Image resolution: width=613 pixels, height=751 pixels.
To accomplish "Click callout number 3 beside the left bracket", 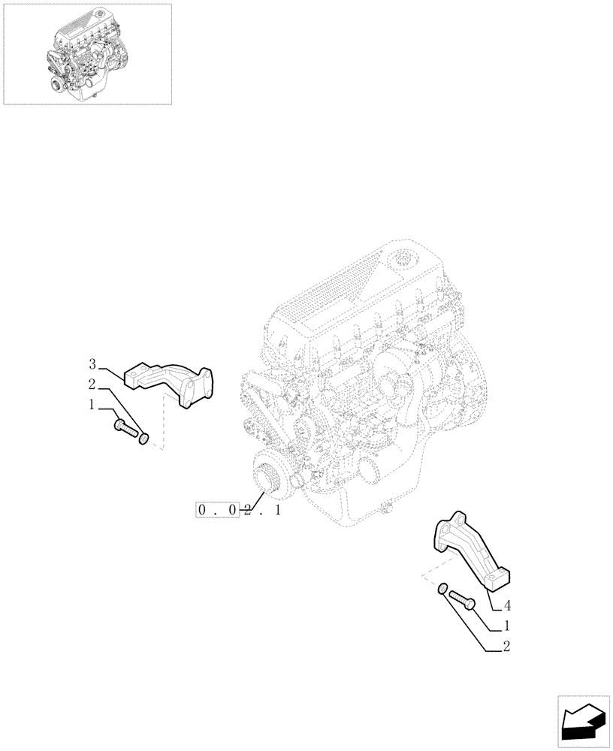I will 92,364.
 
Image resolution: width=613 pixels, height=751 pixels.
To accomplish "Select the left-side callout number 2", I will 92,385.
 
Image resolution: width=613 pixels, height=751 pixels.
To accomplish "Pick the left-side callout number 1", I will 92,405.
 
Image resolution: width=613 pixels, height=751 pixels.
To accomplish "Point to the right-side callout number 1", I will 508,625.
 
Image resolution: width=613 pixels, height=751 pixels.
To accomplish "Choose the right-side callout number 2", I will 508,645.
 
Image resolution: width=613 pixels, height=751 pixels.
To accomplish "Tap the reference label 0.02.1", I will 239,511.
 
